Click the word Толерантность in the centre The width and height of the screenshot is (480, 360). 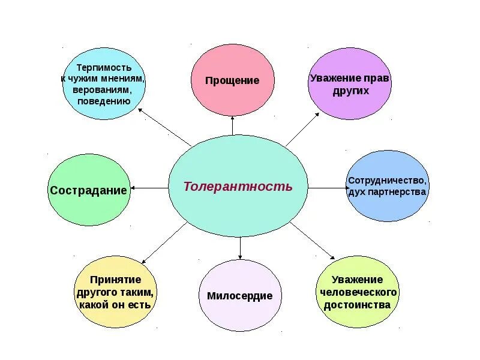click(238, 186)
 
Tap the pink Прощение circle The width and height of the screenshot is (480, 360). click(232, 80)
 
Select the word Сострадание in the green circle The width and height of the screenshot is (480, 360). click(89, 190)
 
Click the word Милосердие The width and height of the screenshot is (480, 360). click(239, 296)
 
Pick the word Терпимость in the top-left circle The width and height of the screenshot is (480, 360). click(104, 68)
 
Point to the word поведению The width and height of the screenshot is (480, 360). click(104, 100)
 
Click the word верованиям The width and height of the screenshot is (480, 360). click(104, 89)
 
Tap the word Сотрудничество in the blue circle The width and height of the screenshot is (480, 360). click(388, 181)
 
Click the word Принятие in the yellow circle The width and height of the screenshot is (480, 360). click(116, 280)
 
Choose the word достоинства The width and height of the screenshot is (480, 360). click(357, 304)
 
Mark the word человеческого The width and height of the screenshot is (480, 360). click(358, 292)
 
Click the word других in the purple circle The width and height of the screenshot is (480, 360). click(350, 91)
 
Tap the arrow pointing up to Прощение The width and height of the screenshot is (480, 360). click(233, 127)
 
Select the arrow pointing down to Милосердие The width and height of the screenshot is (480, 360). click(240, 248)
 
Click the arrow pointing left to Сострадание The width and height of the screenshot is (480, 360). click(149, 188)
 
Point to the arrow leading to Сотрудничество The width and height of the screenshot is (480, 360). click(328, 188)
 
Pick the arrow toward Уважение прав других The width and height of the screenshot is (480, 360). click(303, 128)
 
